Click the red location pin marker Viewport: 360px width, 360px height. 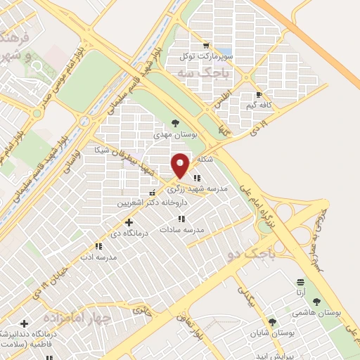pos(181,165)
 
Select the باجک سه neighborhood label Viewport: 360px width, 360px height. pos(195,72)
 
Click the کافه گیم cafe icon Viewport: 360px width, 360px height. pos(259,94)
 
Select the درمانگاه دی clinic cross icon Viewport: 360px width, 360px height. pos(129,221)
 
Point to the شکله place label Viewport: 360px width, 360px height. pos(205,159)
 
